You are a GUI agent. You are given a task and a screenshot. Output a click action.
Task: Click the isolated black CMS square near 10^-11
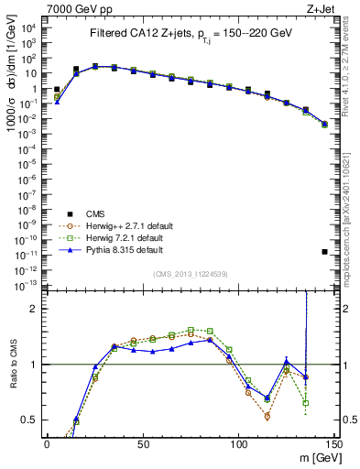[x=324, y=252]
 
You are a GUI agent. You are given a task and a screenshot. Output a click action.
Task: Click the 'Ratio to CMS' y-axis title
[x=12, y=364]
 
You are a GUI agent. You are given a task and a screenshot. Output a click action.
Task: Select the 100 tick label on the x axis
[x=238, y=443]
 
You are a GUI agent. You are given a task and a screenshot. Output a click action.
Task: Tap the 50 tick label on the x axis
[x=142, y=443]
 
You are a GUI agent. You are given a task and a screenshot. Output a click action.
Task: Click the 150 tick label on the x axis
[x=333, y=443]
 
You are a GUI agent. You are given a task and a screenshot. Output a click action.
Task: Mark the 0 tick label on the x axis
[x=47, y=443]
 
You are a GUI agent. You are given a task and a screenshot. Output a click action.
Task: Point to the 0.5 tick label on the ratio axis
[x=29, y=420]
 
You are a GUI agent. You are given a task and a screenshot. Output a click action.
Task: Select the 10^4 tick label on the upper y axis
[x=27, y=27]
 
